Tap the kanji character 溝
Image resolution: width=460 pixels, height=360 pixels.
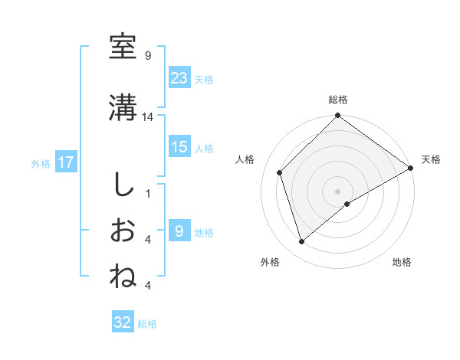point(123,108)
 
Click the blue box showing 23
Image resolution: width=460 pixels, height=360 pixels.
point(179,77)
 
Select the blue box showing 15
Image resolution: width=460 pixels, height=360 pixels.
point(179,147)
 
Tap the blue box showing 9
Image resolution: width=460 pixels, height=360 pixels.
point(179,231)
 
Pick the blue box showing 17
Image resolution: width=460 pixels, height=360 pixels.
point(65,162)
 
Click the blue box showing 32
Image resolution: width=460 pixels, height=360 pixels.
point(123,322)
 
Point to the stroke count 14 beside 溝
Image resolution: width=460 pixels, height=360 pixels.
point(149,117)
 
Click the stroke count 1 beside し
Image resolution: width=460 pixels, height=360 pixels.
point(147,193)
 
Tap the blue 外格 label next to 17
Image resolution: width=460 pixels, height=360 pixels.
point(41,163)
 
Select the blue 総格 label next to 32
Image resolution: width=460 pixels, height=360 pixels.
point(148,324)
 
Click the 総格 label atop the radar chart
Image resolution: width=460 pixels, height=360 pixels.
point(338,100)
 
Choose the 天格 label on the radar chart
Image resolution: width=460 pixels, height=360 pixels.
point(431,159)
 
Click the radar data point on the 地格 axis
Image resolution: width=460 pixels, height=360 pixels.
point(347,204)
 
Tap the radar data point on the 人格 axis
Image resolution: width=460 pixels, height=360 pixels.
point(280,172)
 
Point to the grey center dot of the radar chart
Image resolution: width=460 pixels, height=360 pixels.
point(338,191)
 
